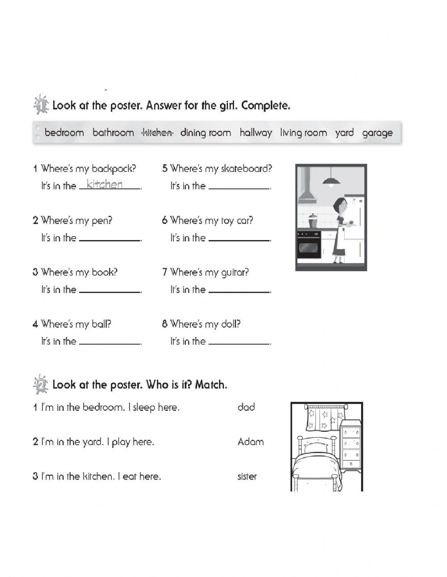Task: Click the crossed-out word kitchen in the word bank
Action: coord(157,133)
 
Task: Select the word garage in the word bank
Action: coord(377,133)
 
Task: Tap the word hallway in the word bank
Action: coord(255,133)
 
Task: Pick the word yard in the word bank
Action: coord(344,133)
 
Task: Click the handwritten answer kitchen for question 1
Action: coord(105,184)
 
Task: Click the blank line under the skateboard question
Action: coord(239,188)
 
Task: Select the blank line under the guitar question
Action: coord(239,291)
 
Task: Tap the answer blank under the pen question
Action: coord(110,240)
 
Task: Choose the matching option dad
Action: coord(246,407)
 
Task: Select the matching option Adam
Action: coord(250,442)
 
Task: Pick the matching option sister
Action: coord(247,476)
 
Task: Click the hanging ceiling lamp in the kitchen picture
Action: coord(331,181)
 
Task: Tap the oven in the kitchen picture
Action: coord(309,244)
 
